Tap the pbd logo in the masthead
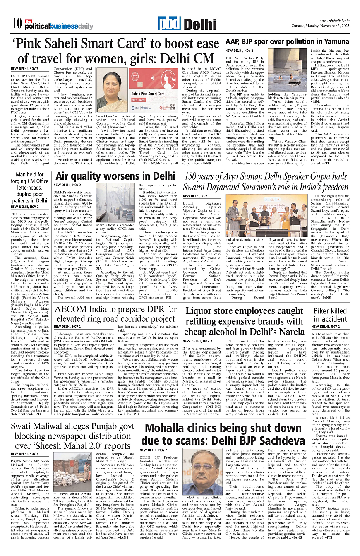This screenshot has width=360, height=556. (x=169, y=24)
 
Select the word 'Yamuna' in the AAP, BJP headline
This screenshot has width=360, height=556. (x=323, y=42)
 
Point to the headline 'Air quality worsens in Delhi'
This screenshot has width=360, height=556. (x=115, y=176)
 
